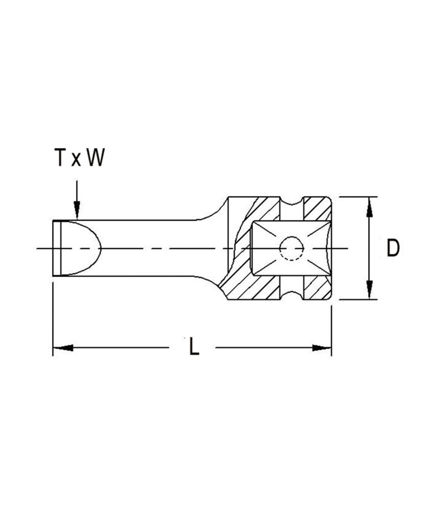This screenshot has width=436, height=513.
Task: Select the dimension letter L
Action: click(x=194, y=348)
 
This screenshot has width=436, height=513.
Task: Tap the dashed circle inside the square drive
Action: click(x=292, y=248)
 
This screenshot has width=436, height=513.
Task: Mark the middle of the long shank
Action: click(x=162, y=248)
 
